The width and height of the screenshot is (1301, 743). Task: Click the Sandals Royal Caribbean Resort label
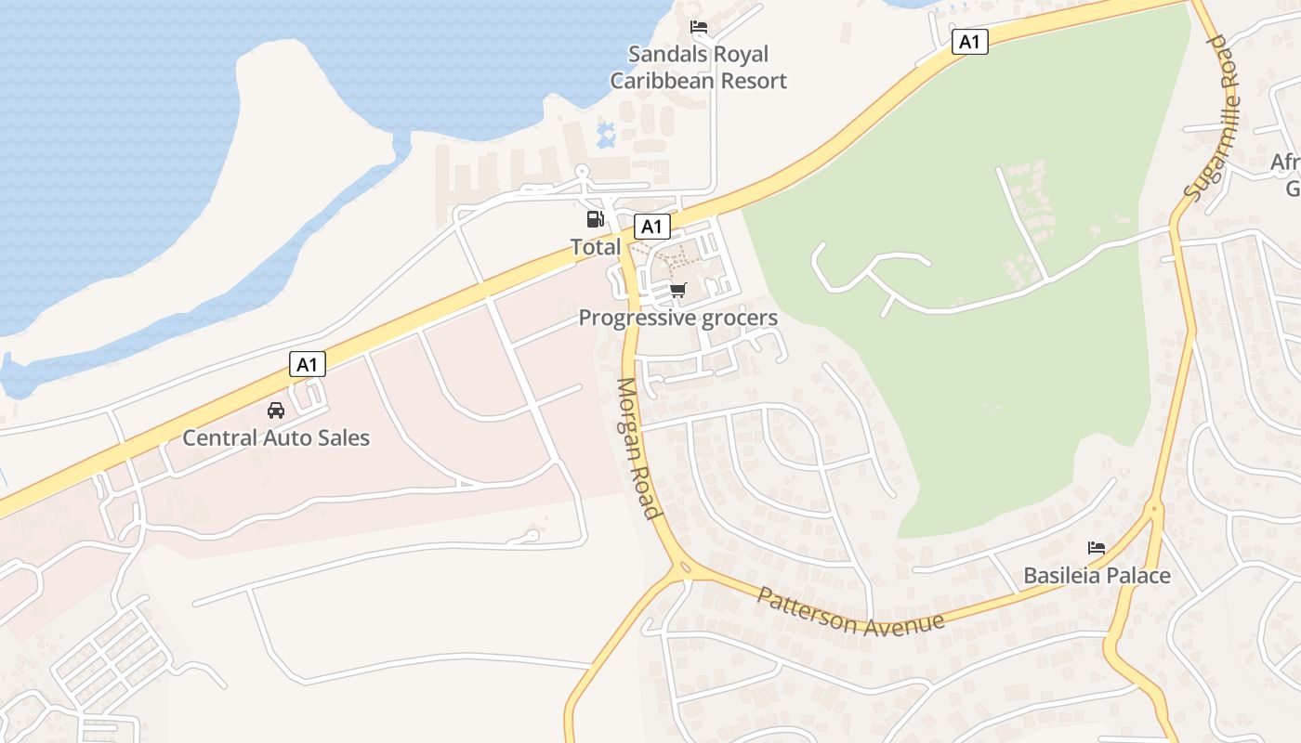tap(698, 68)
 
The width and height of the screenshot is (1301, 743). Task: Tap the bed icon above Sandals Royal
tap(698, 27)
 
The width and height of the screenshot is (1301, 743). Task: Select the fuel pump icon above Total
tap(595, 219)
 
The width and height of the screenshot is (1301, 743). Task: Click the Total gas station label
tap(596, 247)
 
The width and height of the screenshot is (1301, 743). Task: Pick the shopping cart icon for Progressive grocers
tap(678, 291)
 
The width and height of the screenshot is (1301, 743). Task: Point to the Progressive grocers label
tap(677, 318)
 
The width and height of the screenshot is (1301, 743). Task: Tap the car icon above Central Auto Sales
tap(276, 410)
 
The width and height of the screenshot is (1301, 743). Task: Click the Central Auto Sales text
tap(276, 437)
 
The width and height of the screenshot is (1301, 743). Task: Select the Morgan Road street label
tap(637, 449)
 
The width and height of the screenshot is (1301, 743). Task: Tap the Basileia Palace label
tap(1097, 576)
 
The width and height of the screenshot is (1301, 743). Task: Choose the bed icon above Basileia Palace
tap(1097, 548)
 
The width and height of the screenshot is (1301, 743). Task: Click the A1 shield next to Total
tap(651, 226)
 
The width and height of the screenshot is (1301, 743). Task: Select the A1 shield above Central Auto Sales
tap(308, 364)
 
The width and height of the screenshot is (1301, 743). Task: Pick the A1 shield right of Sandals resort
tap(969, 41)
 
